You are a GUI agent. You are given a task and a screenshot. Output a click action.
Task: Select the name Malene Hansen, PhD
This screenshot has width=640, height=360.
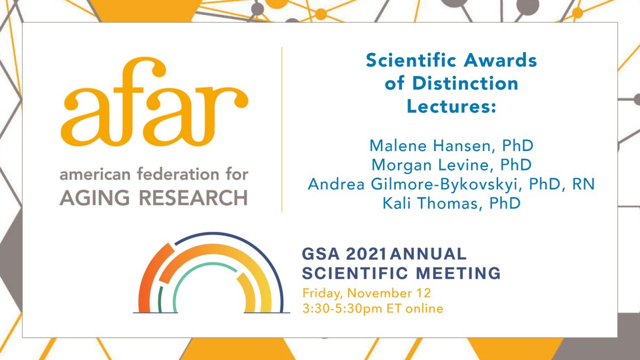(x=451, y=146)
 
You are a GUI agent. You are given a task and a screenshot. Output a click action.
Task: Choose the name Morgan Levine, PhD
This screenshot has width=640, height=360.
(x=451, y=165)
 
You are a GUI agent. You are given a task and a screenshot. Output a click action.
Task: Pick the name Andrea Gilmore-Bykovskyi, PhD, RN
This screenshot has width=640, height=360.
(x=451, y=184)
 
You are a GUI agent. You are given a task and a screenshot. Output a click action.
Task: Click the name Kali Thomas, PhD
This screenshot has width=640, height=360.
(x=451, y=203)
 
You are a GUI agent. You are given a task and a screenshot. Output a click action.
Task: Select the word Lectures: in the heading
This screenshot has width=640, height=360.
(x=451, y=106)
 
